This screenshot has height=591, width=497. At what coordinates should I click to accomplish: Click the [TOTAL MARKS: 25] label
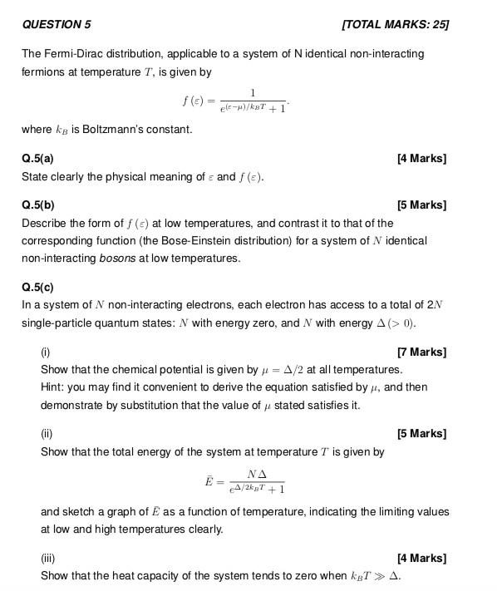tap(396, 24)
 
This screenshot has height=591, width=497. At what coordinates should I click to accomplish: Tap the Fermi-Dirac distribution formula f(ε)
tap(235, 101)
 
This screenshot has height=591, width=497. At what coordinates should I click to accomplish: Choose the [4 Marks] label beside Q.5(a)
tap(422, 158)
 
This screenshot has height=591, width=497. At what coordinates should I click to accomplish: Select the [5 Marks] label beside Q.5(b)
tap(422, 204)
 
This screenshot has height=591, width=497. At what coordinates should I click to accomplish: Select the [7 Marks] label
tap(422, 352)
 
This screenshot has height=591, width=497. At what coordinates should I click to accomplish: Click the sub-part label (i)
tap(46, 352)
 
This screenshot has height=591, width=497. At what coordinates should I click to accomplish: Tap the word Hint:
tap(53, 387)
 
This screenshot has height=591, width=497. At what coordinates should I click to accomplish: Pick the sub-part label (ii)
tap(47, 433)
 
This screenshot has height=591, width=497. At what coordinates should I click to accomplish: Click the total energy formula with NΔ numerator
tap(245, 481)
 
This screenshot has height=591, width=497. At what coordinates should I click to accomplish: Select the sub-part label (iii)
tap(48, 558)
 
